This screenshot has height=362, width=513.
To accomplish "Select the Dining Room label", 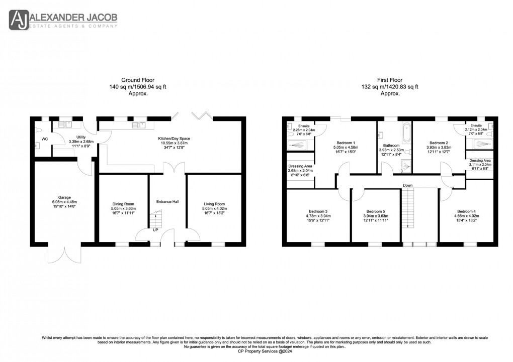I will click(x=123, y=204).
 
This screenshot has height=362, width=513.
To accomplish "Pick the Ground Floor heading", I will click(x=138, y=80).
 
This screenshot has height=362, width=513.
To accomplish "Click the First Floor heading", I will click(x=390, y=80).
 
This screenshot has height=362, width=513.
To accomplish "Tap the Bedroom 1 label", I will click(x=346, y=143).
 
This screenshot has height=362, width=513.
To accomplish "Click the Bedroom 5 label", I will click(x=376, y=211).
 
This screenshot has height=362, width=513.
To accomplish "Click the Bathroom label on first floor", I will click(x=392, y=145).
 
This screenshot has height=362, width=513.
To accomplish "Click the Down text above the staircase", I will click(x=407, y=185).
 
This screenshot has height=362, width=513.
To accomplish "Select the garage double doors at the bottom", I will click(x=63, y=253).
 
